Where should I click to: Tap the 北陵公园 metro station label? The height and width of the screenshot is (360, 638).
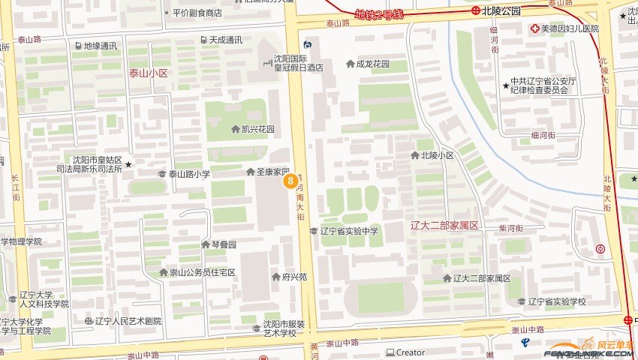[x=501, y=10]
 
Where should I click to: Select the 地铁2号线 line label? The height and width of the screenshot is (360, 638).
[x=379, y=14]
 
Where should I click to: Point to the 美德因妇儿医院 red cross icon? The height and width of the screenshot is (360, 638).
[x=534, y=28]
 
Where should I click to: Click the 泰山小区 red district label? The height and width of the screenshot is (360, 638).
[x=148, y=73]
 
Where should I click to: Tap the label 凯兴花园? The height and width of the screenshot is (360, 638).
[x=257, y=129]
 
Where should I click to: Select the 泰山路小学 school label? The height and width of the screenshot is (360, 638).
[x=188, y=174]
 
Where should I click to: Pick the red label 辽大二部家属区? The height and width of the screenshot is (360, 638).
[x=445, y=225]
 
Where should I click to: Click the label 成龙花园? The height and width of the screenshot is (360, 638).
[x=372, y=64]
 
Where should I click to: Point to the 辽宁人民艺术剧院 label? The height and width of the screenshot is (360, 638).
[x=128, y=321]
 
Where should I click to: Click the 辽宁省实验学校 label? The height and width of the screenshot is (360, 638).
[x=556, y=301]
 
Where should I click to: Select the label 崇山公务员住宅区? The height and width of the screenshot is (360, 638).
[x=202, y=272]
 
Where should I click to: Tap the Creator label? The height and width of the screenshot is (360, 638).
[x=410, y=352]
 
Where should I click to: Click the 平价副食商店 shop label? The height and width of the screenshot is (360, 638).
[x=197, y=13]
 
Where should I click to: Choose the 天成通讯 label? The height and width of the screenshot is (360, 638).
[x=225, y=40]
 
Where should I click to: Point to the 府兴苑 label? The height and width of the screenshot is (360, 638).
[x=294, y=277]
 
